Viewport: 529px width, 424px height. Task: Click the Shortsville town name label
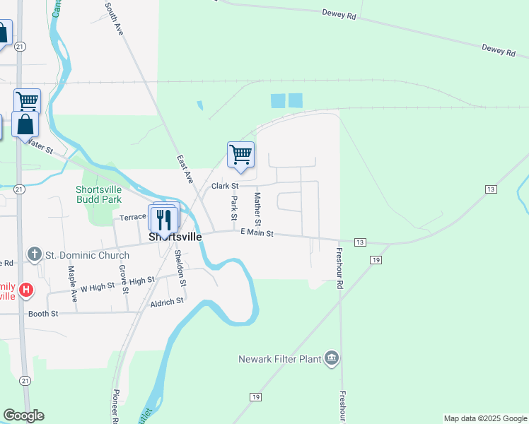click(175, 237)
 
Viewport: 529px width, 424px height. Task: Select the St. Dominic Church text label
click(88, 255)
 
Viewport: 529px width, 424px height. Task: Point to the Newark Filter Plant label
click(279, 359)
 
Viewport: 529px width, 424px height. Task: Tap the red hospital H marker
click(27, 290)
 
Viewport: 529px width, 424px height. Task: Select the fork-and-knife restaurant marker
click(164, 218)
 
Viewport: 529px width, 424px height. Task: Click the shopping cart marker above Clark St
click(240, 154)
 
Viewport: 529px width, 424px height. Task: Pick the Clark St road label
click(226, 186)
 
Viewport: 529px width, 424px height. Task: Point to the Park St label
click(235, 208)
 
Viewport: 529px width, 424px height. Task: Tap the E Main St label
click(257, 232)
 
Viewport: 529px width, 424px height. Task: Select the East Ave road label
click(185, 170)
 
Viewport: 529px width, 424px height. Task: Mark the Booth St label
click(43, 313)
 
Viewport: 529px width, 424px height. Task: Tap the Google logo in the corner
click(24, 416)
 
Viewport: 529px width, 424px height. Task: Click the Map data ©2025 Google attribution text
click(484, 418)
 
